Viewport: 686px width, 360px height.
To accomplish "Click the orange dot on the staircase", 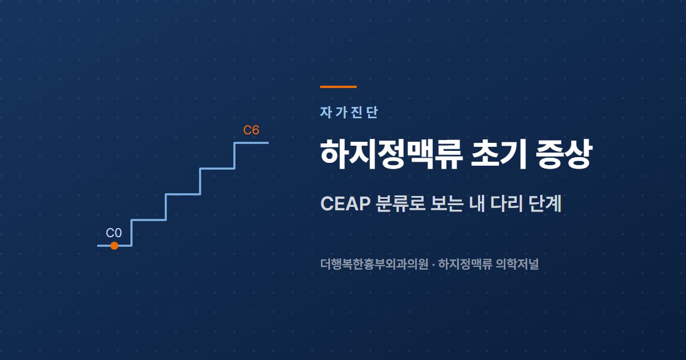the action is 114,246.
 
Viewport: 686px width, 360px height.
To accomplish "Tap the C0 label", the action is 114,233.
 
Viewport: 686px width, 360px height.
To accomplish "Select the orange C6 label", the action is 251,130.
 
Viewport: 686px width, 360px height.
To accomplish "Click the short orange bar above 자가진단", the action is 338,87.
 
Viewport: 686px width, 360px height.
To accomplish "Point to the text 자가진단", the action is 349,113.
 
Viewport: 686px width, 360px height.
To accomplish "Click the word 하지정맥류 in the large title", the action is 391,154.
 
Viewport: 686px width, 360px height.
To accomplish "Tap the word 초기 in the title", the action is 499,154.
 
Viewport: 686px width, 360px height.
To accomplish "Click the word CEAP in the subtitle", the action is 345,203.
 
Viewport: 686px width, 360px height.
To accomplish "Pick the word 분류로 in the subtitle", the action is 400,203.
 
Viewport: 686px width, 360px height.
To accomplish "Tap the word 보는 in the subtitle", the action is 446,203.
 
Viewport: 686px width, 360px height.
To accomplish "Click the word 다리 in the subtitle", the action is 506,203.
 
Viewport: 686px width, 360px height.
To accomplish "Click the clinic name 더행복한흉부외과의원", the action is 374,264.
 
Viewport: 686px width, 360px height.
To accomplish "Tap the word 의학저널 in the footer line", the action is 517,264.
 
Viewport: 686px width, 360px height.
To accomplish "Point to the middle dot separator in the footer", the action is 433,265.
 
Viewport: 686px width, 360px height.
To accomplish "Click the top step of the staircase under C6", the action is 252,143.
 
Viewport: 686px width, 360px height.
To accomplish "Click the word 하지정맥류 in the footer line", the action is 465,264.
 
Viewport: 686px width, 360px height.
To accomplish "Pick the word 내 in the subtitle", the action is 477,203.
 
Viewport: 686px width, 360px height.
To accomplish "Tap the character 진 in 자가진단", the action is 357,113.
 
